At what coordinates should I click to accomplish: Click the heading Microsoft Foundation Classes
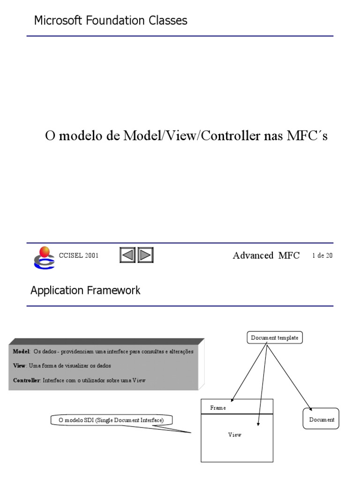(x=111, y=21)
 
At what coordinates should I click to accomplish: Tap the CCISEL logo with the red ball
(x=44, y=257)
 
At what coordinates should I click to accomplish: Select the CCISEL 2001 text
(x=79, y=255)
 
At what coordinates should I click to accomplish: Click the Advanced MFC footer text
(x=266, y=255)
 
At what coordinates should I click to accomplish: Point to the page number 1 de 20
(x=322, y=255)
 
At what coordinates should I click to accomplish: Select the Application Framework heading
(x=85, y=291)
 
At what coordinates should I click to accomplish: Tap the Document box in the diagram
(x=322, y=420)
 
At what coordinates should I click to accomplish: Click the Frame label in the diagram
(x=218, y=408)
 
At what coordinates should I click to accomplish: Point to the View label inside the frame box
(x=235, y=435)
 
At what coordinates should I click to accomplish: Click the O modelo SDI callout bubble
(x=111, y=420)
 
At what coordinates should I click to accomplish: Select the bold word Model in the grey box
(x=21, y=351)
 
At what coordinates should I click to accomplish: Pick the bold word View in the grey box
(x=19, y=366)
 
